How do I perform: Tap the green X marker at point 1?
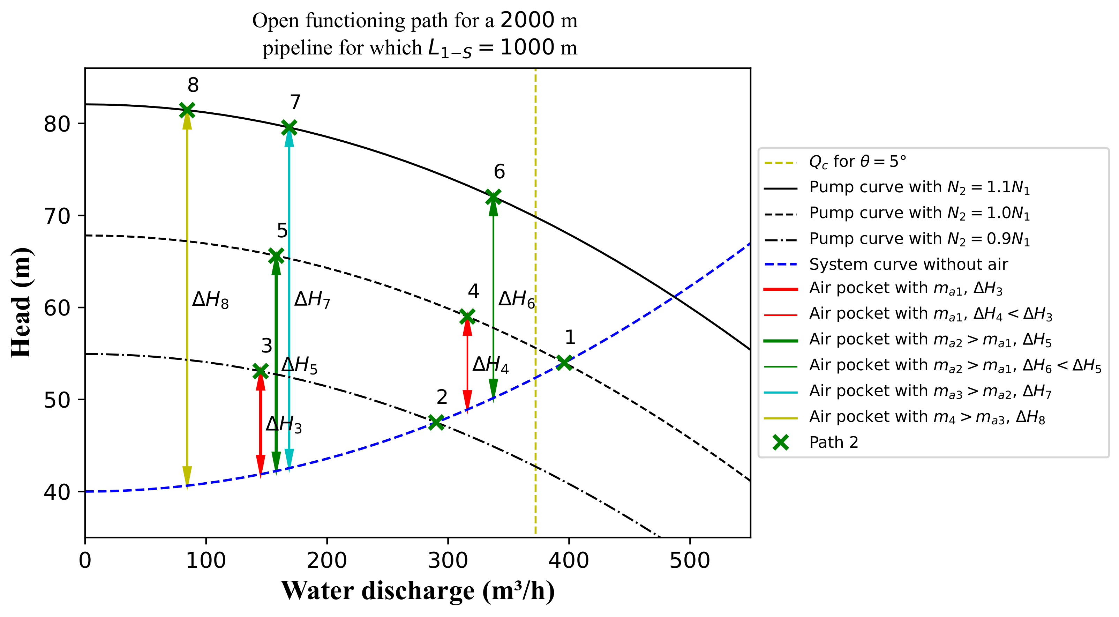coord(564,362)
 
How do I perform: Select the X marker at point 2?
coord(436,422)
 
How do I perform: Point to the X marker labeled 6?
coord(493,197)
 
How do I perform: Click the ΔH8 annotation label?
coord(210,300)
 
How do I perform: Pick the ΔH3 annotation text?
coord(284,424)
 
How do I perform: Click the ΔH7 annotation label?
coord(312,300)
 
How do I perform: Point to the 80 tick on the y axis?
coord(57,125)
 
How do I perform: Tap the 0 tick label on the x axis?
coord(85,560)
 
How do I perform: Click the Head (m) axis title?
coord(21,303)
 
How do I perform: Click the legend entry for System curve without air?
coord(908,264)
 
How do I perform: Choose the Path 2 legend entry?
coord(833,442)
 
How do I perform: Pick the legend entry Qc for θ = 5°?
coord(857,162)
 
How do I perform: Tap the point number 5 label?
coord(282,230)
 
